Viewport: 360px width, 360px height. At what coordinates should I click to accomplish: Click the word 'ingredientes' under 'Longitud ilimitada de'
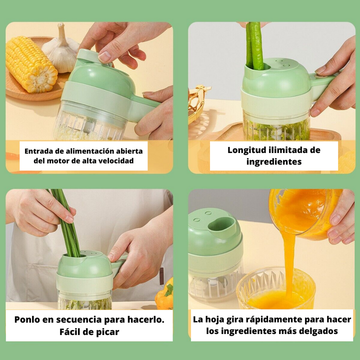273,162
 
